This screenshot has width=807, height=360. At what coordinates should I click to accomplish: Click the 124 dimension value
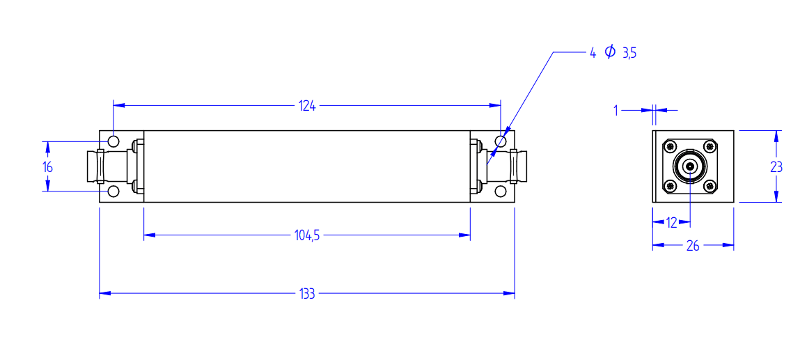pyautogui.click(x=307, y=106)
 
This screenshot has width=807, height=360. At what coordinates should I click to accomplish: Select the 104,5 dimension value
pyautogui.click(x=307, y=236)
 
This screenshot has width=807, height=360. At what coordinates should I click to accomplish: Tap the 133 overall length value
pyautogui.click(x=307, y=294)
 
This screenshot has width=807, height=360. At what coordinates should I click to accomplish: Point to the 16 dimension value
pyautogui.click(x=48, y=167)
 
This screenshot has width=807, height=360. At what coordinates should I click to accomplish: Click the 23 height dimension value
pyautogui.click(x=776, y=167)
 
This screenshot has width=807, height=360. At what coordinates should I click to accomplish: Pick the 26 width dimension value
pyautogui.click(x=693, y=246)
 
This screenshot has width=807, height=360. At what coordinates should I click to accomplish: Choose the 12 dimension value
pyautogui.click(x=671, y=223)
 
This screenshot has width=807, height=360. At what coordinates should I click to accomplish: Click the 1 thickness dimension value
pyautogui.click(x=617, y=110)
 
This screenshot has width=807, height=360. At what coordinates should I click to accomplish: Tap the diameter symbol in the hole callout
pyautogui.click(x=610, y=52)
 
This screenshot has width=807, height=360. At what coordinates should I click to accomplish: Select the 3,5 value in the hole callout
pyautogui.click(x=629, y=53)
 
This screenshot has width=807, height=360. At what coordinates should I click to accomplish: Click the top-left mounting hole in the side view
pyautogui.click(x=113, y=141)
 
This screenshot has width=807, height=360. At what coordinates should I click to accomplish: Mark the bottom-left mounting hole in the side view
pyautogui.click(x=113, y=191)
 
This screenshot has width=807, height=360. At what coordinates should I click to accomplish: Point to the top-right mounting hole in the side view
pyautogui.click(x=500, y=141)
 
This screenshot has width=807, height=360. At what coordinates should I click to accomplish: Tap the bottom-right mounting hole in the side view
pyautogui.click(x=500, y=191)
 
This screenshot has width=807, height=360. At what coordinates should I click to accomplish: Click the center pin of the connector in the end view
pyautogui.click(x=689, y=166)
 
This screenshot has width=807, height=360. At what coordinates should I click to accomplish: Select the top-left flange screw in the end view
pyautogui.click(x=671, y=147)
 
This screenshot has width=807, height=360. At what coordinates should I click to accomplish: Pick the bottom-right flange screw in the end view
pyautogui.click(x=710, y=186)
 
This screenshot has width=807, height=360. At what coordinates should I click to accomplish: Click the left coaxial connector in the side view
pyautogui.click(x=114, y=166)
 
